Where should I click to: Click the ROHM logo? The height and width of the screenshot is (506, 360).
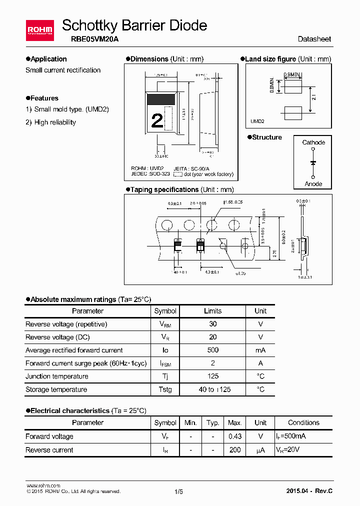pos(40,30)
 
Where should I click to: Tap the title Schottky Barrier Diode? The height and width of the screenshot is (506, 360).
pos(134,25)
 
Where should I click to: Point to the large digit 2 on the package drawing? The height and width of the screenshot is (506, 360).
pos(157,120)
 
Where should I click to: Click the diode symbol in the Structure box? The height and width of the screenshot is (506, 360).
pos(313,163)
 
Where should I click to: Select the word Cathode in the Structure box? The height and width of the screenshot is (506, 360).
pos(313,142)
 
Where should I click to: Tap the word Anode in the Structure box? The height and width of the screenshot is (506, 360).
pos(313,184)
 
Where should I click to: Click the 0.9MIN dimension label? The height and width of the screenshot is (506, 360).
pos(292,75)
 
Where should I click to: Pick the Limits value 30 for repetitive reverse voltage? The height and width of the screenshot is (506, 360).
pos(213,324)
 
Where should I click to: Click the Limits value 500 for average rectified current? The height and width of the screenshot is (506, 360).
pos(213,350)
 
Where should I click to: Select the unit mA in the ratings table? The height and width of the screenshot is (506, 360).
pos(260,350)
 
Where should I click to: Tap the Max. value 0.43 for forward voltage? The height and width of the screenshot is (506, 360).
pos(235,436)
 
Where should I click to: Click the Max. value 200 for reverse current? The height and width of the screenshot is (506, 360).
pos(235,450)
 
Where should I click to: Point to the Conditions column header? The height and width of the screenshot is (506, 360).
pos(303,422)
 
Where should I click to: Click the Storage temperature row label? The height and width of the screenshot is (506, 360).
pos(56,389)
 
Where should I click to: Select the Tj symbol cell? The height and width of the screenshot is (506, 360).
pos(165,376)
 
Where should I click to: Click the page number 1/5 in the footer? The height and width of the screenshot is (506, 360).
pos(179,491)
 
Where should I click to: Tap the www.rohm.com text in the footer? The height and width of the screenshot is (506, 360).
pos(43,485)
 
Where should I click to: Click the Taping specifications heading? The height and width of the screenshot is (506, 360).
pos(164,189)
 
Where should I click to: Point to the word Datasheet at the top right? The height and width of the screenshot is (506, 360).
pos(314,39)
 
